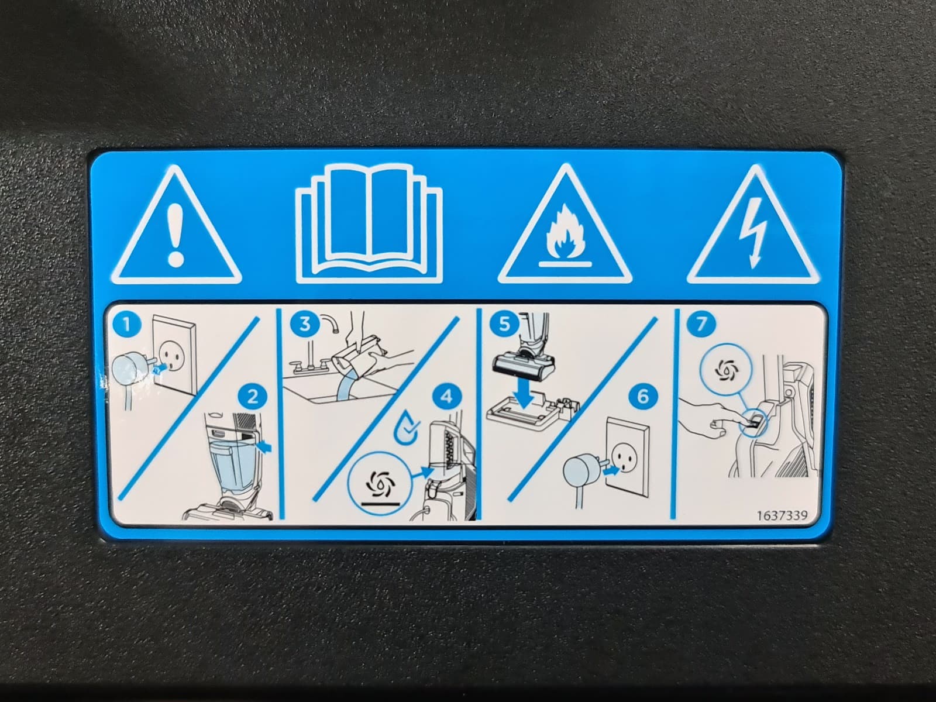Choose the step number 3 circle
pos(305,324)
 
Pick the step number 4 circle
pos(447,397)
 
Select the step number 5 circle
pos(504,324)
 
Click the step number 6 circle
pos(643,397)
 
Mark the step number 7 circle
pos(701,324)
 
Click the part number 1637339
pos(782,516)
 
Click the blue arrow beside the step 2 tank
pos(264,447)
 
